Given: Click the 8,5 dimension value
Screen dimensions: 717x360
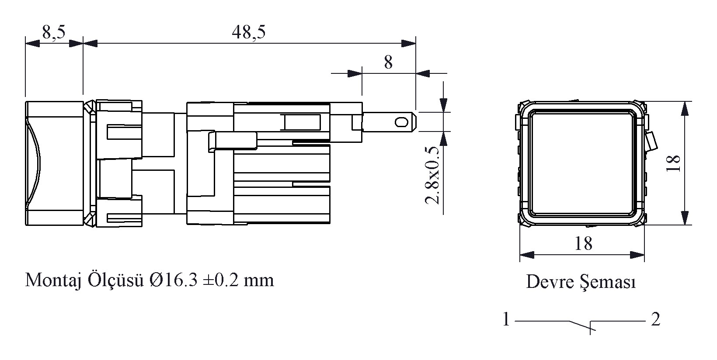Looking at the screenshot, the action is coord(53,32).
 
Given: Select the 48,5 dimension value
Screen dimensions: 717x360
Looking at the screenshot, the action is coord(249,32).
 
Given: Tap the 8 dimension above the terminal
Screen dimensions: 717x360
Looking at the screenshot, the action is coord(388,62).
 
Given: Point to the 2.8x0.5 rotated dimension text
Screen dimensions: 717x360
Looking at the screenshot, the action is coord(432,175).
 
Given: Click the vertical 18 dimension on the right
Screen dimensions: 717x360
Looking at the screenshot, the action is coord(673,163).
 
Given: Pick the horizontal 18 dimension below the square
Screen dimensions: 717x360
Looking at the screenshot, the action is coord(584,243).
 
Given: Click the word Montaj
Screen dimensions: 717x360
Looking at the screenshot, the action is coord(53,280).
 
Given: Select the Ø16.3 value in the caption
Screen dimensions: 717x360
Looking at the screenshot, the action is coord(173,280).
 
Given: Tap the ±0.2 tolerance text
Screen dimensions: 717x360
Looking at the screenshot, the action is coord(221,280).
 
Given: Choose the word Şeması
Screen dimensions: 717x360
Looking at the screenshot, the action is coord(608,282).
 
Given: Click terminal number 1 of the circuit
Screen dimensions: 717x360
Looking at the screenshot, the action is coord(506,319).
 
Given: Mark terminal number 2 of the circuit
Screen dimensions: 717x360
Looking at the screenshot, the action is coord(655,319).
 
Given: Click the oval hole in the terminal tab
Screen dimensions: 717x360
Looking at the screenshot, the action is coord(401,122).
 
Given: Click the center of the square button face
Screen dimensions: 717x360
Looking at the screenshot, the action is coord(581,163).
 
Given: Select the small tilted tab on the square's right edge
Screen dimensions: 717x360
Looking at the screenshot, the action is coord(651,141).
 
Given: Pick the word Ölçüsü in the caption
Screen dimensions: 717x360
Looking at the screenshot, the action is coord(115,280).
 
